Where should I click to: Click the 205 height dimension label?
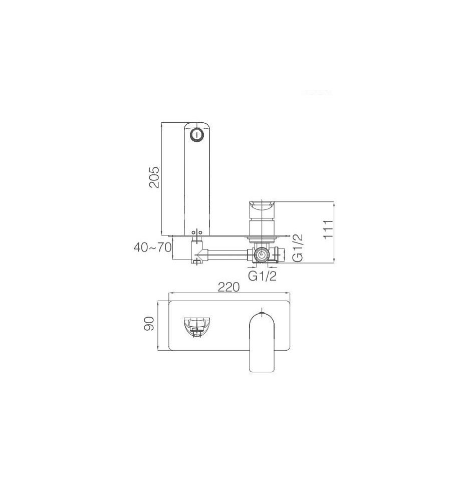tap(154, 177)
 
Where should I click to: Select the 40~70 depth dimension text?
tap(152, 247)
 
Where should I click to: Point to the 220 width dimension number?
tap(228, 287)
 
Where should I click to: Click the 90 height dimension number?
tap(149, 324)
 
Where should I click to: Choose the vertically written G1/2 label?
tap(298, 247)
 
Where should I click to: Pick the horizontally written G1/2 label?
tap(263, 276)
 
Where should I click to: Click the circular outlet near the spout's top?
tap(196, 135)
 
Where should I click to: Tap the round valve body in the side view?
tap(262, 255)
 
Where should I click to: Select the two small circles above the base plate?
tap(197, 232)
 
